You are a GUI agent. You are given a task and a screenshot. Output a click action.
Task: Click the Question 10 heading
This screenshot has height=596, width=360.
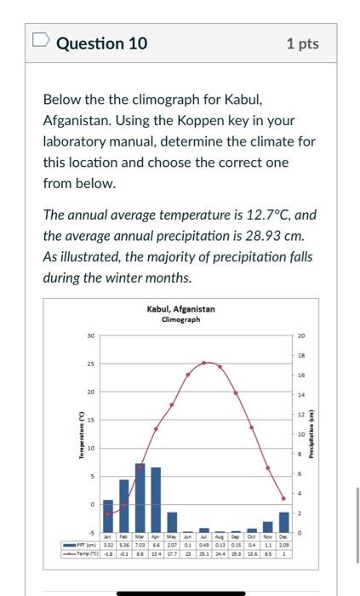tap(101, 43)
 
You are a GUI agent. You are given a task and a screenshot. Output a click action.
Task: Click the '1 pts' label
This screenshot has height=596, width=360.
tap(303, 43)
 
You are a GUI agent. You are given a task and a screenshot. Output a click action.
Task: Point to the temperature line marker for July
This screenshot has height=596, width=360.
tap(204, 363)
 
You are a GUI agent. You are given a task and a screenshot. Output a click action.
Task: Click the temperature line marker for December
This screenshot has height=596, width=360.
tap(284, 498)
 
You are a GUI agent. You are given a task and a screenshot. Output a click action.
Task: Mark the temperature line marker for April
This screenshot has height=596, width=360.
tap(156, 428)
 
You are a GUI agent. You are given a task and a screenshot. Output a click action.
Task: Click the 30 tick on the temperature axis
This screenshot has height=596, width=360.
tap(91, 335)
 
